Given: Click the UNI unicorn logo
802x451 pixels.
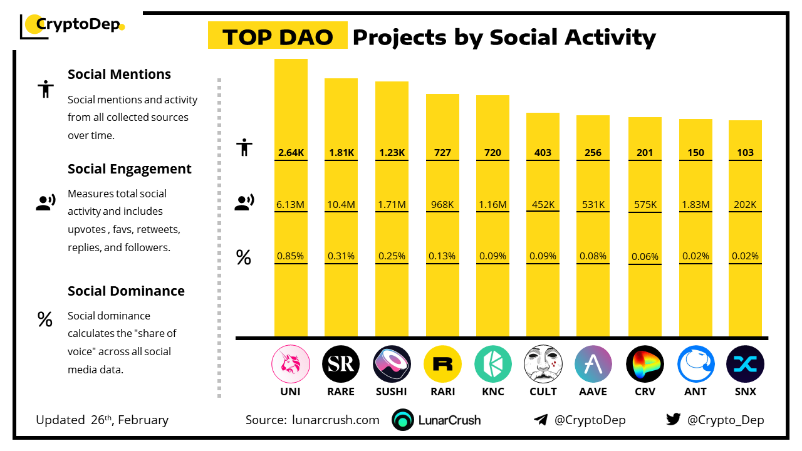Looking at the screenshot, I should [x=290, y=364].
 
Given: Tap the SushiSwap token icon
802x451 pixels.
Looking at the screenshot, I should [x=392, y=364].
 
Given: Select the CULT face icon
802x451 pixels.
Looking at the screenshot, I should [x=543, y=364].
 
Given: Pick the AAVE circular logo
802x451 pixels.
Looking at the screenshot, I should [x=593, y=364].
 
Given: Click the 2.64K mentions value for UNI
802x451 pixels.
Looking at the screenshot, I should [x=291, y=152].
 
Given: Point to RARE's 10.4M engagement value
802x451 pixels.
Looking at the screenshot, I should [x=341, y=204].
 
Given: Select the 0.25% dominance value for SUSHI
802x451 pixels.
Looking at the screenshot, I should [x=392, y=256].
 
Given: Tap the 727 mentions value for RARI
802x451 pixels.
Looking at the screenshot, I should [x=442, y=152].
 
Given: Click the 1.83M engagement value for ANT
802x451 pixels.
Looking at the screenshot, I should [x=695, y=204].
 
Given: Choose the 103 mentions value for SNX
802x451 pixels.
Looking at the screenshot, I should [x=745, y=152].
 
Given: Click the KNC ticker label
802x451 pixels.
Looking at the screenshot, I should [x=492, y=391].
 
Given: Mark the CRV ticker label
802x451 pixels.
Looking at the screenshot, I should [x=645, y=391].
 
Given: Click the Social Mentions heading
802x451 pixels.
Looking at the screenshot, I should [x=119, y=74].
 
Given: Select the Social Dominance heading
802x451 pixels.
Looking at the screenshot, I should [x=126, y=291].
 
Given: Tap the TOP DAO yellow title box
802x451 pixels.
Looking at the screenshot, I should [x=278, y=37].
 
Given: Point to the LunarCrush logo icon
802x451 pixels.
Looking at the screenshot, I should [x=403, y=420].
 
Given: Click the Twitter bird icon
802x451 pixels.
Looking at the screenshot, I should [x=674, y=420].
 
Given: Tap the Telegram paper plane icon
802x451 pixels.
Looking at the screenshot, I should [x=541, y=420].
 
